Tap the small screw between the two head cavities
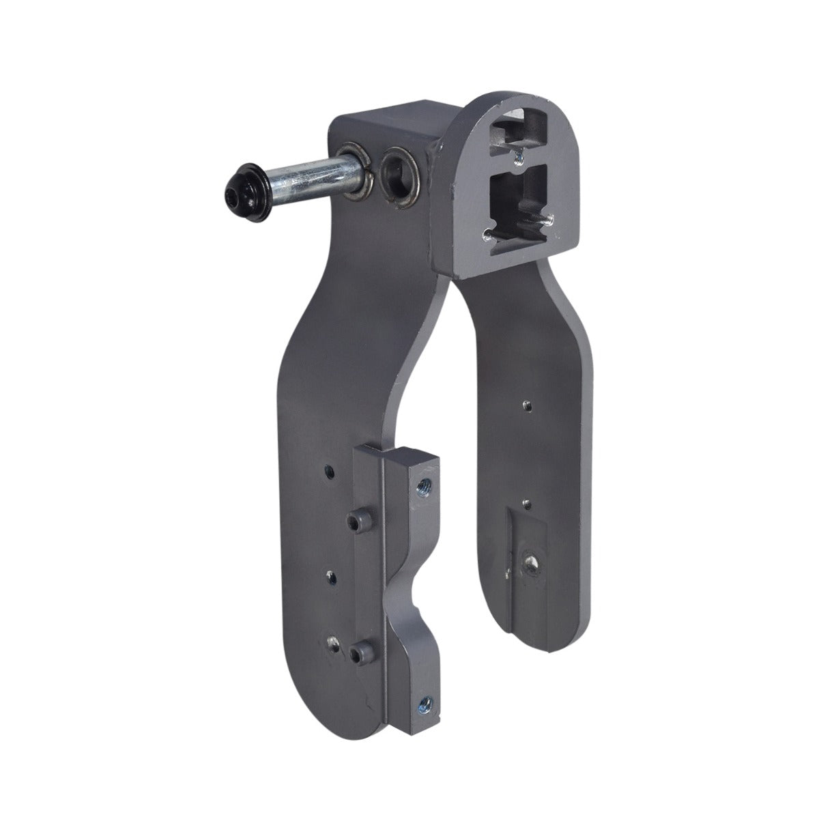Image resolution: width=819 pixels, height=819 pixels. pyautogui.click(x=517, y=157)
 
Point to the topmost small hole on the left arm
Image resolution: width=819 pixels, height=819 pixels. pyautogui.click(x=328, y=470)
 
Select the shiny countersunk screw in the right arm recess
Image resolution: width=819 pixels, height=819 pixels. pyautogui.click(x=529, y=560)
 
